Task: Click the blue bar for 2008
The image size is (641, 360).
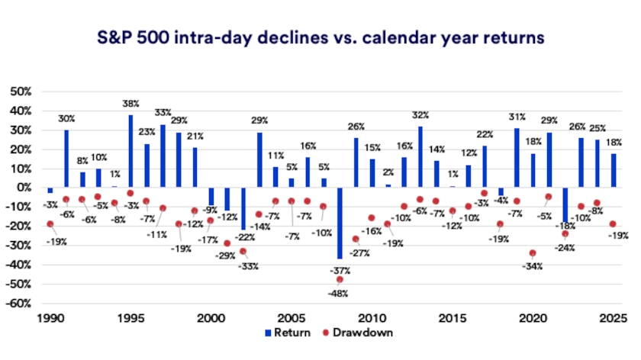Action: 339,223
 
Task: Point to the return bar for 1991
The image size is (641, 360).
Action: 66,159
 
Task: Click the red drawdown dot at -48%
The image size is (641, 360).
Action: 339,280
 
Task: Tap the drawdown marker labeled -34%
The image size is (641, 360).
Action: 533,253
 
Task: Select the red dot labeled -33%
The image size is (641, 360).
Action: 243,251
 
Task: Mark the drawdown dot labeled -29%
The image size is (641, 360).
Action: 227,243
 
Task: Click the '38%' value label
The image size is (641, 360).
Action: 130,104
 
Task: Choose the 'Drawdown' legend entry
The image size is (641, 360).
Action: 353,333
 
